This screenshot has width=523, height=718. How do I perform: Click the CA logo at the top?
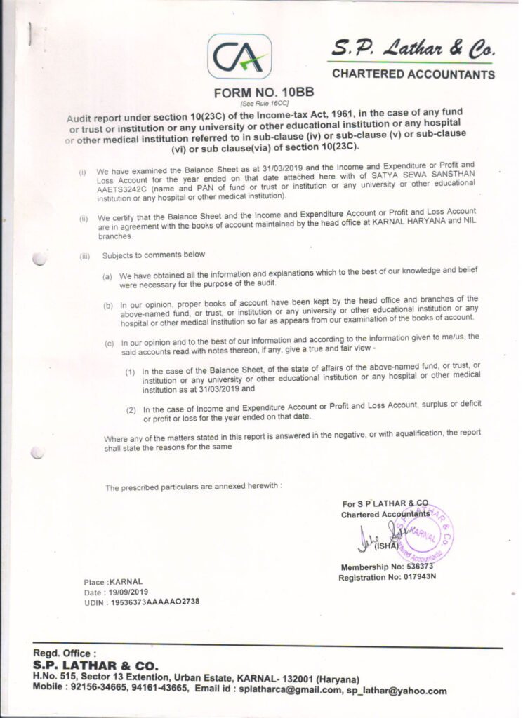click(239, 57)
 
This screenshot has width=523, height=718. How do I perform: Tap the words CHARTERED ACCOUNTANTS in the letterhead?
click(413, 74)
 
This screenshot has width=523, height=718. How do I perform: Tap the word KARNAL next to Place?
click(126, 581)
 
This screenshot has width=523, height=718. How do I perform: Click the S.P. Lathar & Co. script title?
click(413, 49)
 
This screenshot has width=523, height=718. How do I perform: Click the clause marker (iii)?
click(85, 255)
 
